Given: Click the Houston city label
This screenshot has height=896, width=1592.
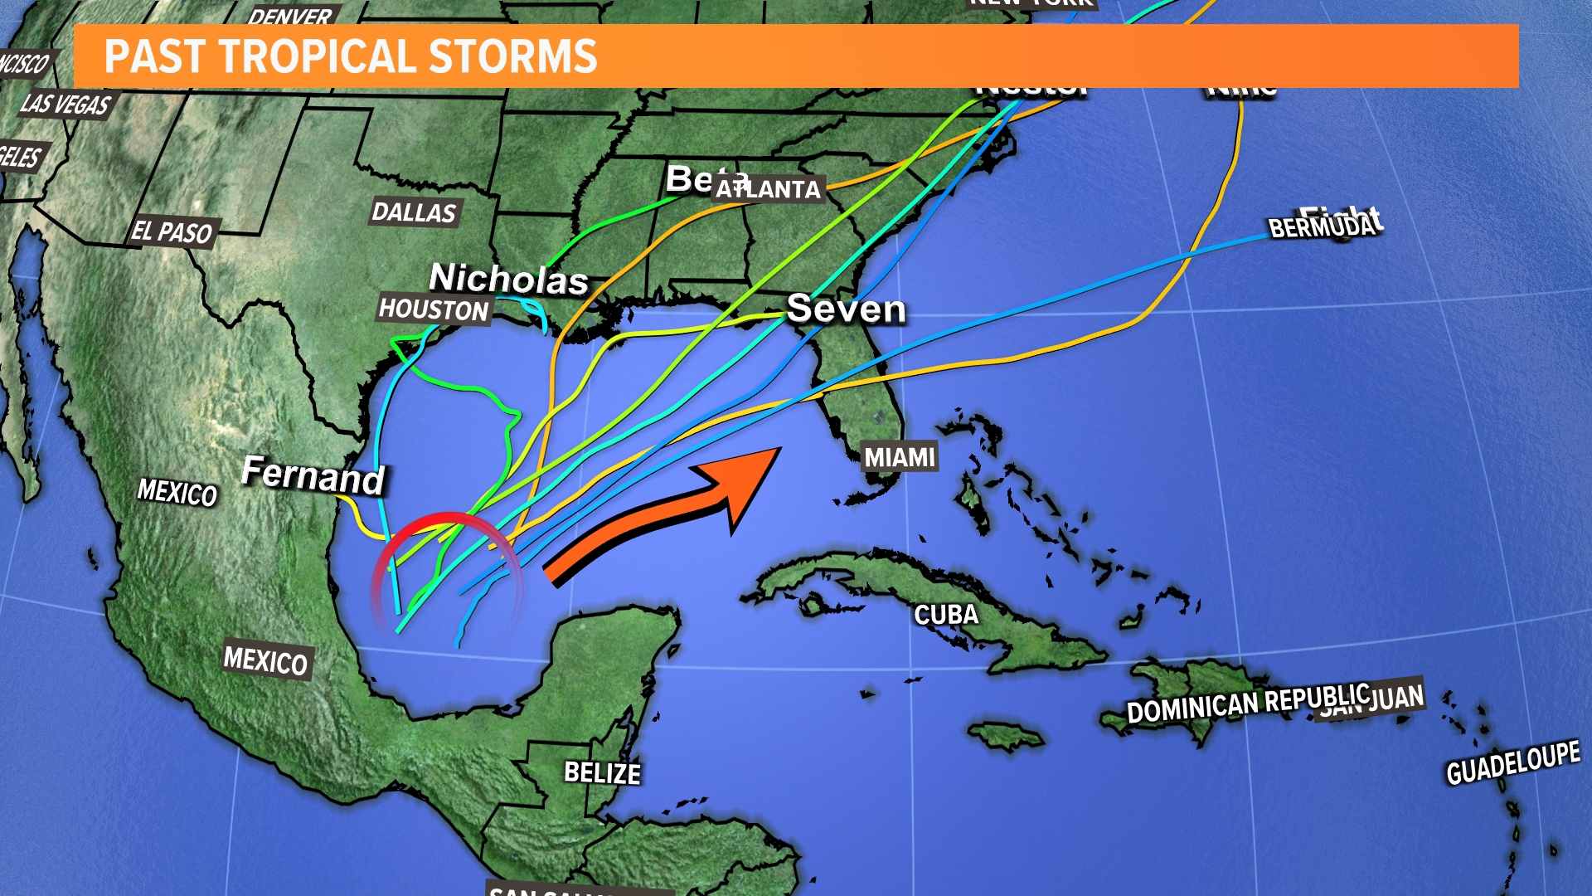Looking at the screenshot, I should click(434, 310).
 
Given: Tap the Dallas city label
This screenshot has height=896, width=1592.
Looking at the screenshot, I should click(414, 212).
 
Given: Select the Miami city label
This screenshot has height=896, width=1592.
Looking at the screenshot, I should click(900, 457).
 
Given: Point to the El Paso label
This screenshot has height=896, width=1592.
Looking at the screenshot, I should click(172, 231).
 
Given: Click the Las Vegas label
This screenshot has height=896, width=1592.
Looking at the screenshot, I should click(66, 104).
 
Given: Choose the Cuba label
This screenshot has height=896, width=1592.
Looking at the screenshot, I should click(946, 615).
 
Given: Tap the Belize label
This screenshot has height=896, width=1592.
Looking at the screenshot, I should click(602, 773).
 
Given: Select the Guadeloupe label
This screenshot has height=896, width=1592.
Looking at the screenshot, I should click(1512, 762).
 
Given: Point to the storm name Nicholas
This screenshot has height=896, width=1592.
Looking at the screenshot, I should click(508, 279).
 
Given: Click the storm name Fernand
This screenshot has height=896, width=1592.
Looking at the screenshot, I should click(313, 475).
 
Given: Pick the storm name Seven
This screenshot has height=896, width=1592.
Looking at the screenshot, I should click(846, 309).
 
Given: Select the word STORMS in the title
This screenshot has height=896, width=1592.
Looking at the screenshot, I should click(513, 56).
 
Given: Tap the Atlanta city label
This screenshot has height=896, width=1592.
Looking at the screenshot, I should click(769, 189).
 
